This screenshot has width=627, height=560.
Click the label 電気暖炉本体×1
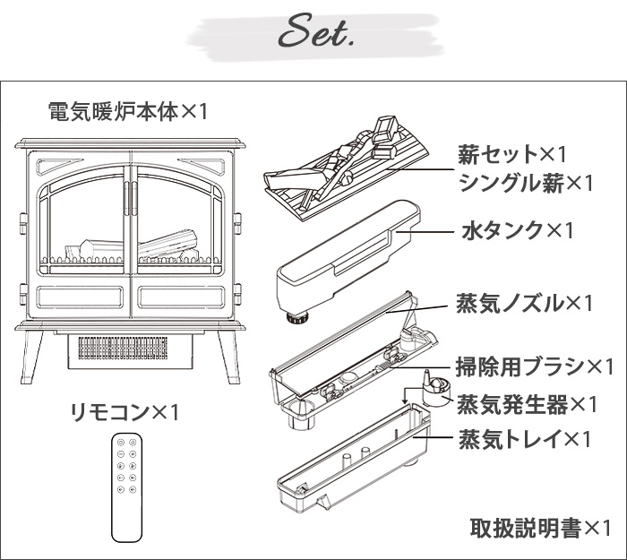(x=127, y=112)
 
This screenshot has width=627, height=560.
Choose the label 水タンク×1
(x=517, y=230)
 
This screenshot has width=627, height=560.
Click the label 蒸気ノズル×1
(x=526, y=303)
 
